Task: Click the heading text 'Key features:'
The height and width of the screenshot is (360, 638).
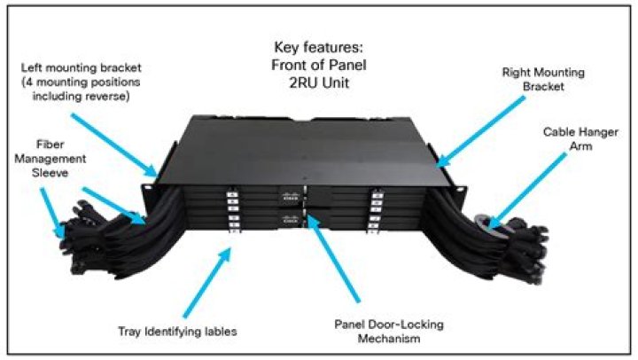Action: (x=319, y=47)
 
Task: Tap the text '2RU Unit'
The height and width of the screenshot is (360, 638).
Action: (x=319, y=82)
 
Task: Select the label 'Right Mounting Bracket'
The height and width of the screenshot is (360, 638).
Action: (x=543, y=80)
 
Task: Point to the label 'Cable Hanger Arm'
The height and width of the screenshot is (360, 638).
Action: (x=580, y=139)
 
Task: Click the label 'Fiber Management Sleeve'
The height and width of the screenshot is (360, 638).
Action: (x=50, y=159)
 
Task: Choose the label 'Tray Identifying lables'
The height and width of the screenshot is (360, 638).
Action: (x=177, y=331)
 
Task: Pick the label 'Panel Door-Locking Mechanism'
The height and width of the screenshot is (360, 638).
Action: (x=389, y=331)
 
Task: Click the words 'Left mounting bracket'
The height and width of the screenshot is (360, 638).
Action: (x=82, y=67)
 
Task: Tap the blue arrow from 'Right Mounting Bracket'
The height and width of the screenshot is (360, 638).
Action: (x=480, y=132)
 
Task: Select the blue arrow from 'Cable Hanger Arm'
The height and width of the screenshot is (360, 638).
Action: (x=528, y=191)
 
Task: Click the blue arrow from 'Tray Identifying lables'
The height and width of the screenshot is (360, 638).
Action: (x=207, y=282)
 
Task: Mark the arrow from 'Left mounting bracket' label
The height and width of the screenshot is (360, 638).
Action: (x=113, y=145)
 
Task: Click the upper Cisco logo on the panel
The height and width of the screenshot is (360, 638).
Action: (x=291, y=197)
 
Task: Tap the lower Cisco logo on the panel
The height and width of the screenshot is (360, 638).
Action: (x=291, y=220)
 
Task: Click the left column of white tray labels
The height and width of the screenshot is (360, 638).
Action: (x=233, y=212)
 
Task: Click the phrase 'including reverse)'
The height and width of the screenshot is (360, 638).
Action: (x=81, y=96)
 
